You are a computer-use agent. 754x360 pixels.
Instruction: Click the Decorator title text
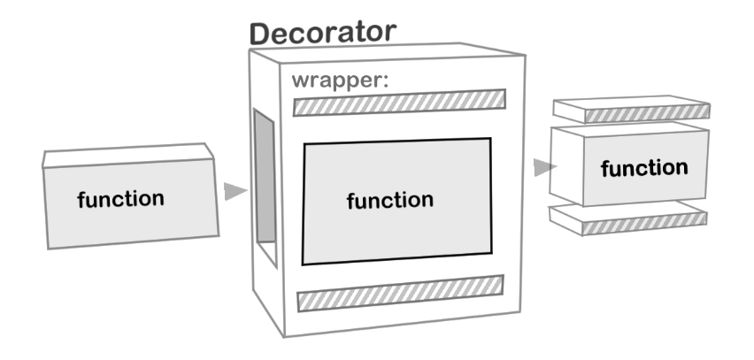tap(322, 34)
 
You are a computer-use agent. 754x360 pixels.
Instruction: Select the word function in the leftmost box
tap(120, 199)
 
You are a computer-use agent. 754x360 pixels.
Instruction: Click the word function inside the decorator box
tap(390, 200)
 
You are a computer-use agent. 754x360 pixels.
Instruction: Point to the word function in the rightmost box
tap(643, 168)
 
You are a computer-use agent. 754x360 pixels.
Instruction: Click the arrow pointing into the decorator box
tap(235, 191)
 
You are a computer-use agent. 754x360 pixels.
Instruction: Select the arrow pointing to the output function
tap(544, 166)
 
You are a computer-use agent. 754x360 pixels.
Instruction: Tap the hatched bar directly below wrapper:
tap(399, 103)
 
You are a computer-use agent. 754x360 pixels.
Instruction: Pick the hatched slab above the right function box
tap(647, 114)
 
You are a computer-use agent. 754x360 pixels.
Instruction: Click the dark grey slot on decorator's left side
tap(263, 177)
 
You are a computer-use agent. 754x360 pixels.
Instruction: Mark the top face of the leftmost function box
tap(128, 156)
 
